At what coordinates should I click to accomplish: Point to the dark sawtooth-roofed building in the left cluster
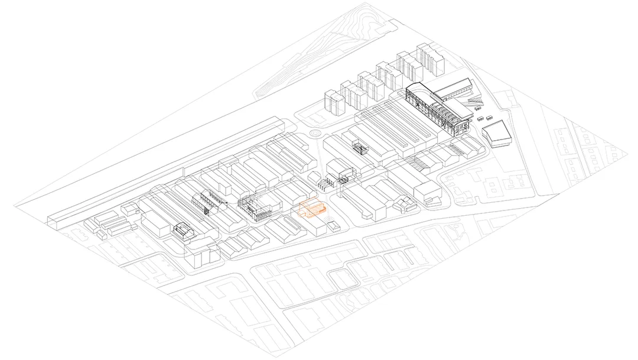[x=210, y=199]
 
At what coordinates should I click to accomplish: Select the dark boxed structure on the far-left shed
[x=183, y=231]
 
